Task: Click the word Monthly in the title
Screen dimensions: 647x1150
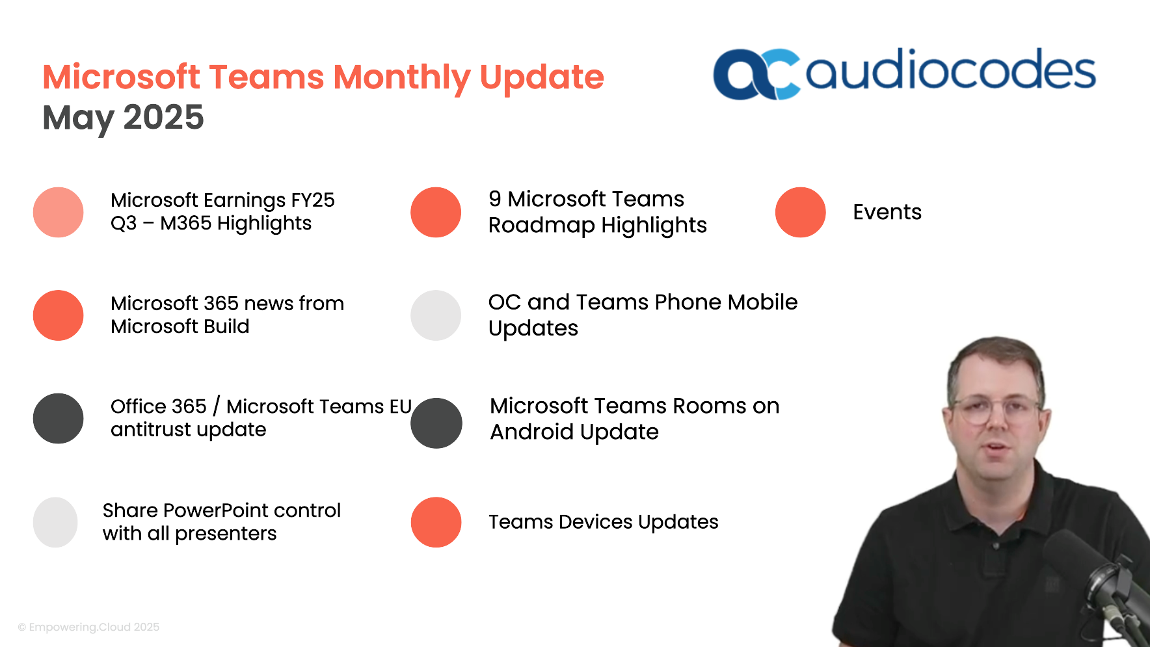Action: pos(402,77)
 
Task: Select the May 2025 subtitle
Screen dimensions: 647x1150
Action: pos(123,118)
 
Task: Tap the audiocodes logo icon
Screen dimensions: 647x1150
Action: pos(755,74)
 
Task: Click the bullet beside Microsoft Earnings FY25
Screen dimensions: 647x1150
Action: pos(59,212)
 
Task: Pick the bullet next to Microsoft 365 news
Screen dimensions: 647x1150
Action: pos(59,315)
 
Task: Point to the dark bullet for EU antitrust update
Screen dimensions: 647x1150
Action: pos(59,419)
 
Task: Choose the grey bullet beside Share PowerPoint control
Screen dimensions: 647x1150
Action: pos(55,522)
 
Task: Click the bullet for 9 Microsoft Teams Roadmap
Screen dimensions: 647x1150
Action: pos(436,212)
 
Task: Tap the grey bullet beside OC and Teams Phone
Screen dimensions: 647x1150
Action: pos(436,315)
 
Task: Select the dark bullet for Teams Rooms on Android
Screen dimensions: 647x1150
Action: pos(436,423)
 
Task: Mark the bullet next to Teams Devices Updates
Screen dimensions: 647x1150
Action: pos(436,522)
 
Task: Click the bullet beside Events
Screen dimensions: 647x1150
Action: pos(801,212)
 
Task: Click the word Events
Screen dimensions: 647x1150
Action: pos(887,212)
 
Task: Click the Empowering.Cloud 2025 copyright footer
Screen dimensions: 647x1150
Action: pos(89,627)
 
